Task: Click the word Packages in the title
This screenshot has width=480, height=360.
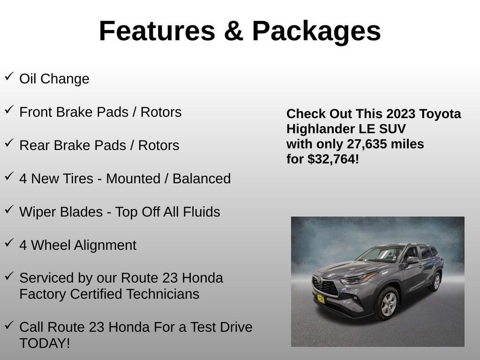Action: tap(316, 31)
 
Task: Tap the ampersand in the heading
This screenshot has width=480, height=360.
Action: tap(233, 31)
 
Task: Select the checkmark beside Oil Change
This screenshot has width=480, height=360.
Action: tap(9, 76)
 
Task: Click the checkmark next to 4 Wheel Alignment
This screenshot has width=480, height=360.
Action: tap(9, 243)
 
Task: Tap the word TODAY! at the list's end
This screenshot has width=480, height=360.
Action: tap(45, 343)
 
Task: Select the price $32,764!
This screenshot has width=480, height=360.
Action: tap(333, 159)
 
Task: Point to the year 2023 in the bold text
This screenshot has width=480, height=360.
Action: tap(401, 114)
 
